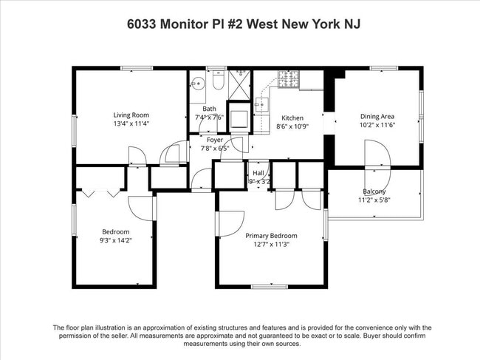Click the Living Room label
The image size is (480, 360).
click(x=131, y=115)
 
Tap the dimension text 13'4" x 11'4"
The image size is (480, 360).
click(x=131, y=124)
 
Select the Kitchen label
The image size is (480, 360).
click(x=292, y=118)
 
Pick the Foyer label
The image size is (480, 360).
click(x=215, y=139)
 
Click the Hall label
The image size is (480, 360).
click(x=258, y=172)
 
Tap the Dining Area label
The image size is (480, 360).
click(x=377, y=116)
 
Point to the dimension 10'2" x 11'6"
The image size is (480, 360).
click(x=377, y=125)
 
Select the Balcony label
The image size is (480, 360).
click(x=374, y=191)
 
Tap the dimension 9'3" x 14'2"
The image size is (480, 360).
click(x=114, y=240)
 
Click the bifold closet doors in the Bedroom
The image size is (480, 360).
click(x=100, y=192)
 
